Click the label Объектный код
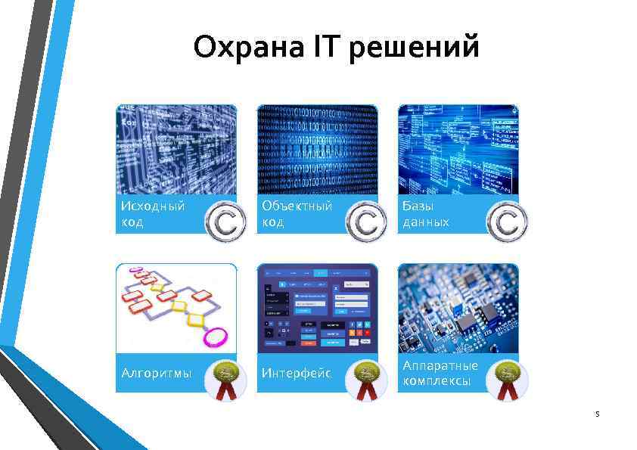297,214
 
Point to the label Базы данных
426,214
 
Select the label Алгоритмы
156,373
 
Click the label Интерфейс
296,373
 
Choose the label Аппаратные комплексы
440,373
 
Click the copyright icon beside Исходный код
225,222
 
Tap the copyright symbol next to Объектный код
366,222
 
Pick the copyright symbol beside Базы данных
507,222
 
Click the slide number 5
597,414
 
